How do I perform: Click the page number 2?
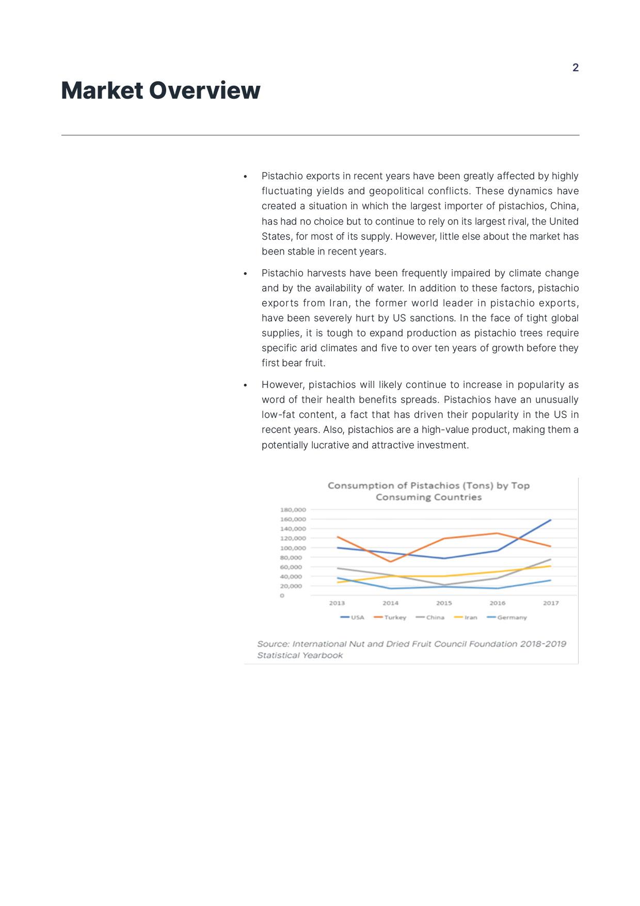pyautogui.click(x=575, y=68)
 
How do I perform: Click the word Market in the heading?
pyautogui.click(x=102, y=90)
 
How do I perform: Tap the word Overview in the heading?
pyautogui.click(x=204, y=90)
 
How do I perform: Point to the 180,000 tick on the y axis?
pyautogui.click(x=293, y=510)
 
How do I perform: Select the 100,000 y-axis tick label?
pyautogui.click(x=293, y=548)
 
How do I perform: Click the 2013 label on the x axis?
pyautogui.click(x=337, y=603)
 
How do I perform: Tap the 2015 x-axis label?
pyautogui.click(x=444, y=603)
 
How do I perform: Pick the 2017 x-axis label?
pyautogui.click(x=551, y=603)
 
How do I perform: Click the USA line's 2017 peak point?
pyautogui.click(x=551, y=520)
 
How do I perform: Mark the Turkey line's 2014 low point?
pyautogui.click(x=391, y=561)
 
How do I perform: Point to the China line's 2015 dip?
pyautogui.click(x=444, y=585)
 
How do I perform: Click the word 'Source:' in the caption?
pyautogui.click(x=273, y=644)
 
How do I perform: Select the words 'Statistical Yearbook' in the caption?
pyautogui.click(x=300, y=655)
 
